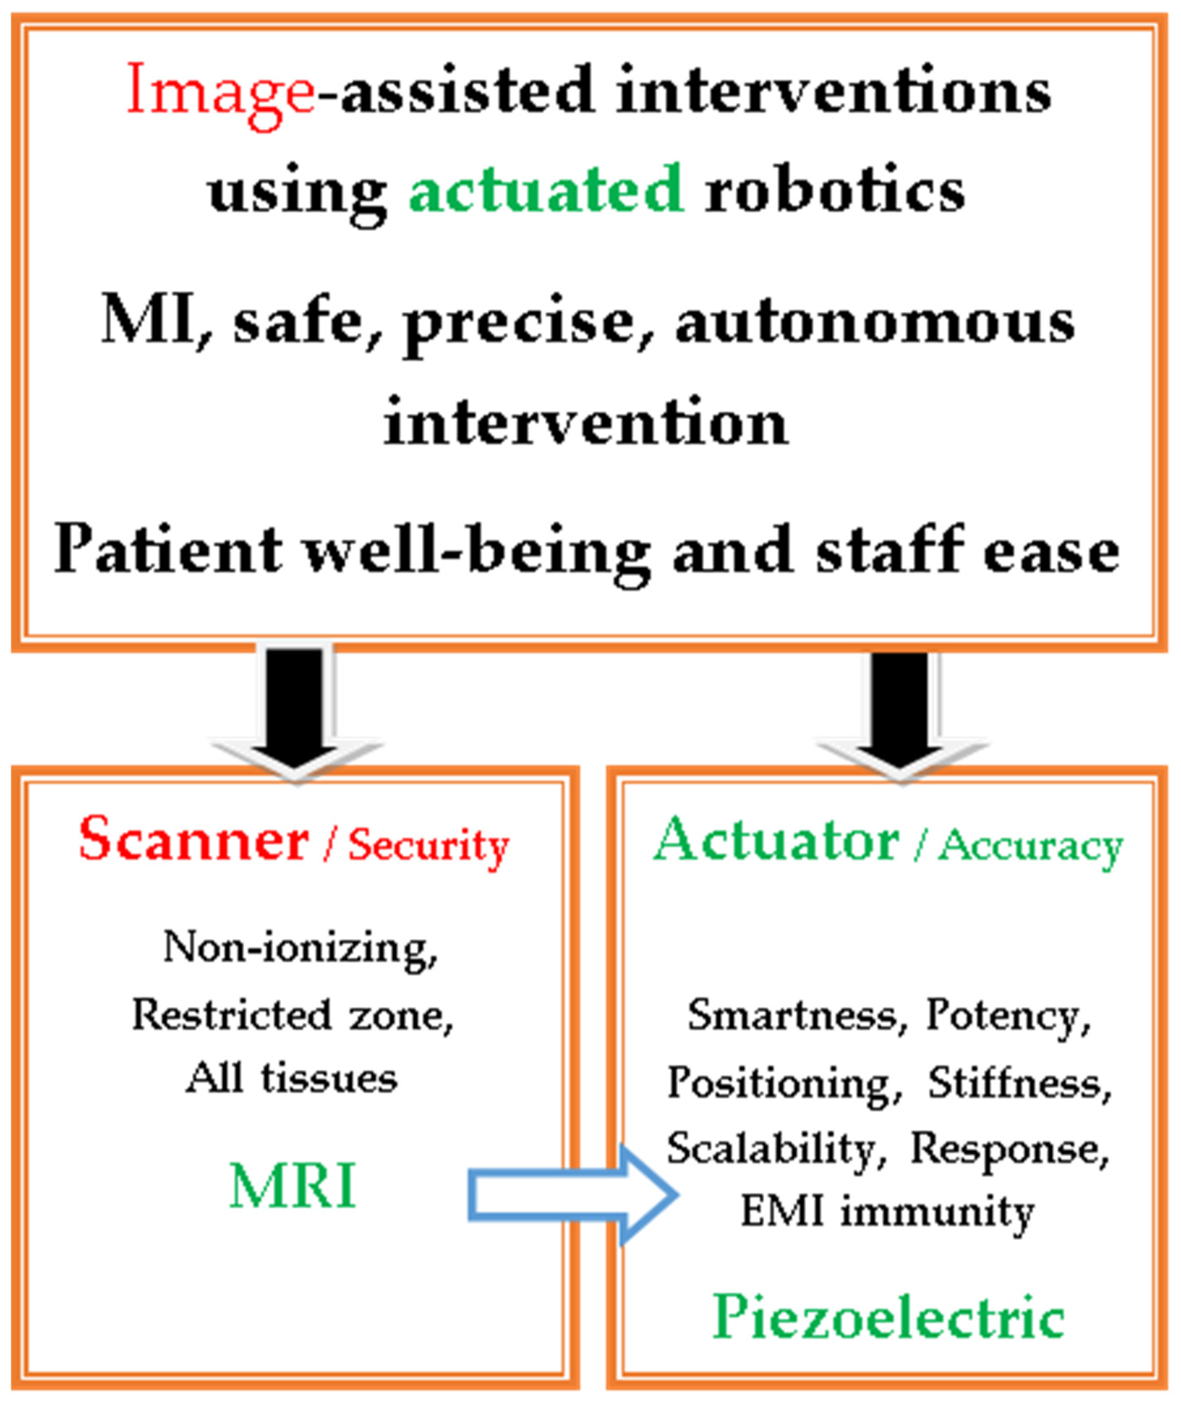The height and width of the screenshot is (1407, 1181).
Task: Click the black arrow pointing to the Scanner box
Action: pos(295,710)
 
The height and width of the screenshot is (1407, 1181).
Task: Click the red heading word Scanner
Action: pos(194,839)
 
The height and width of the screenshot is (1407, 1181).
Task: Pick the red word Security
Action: pos(429,846)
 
